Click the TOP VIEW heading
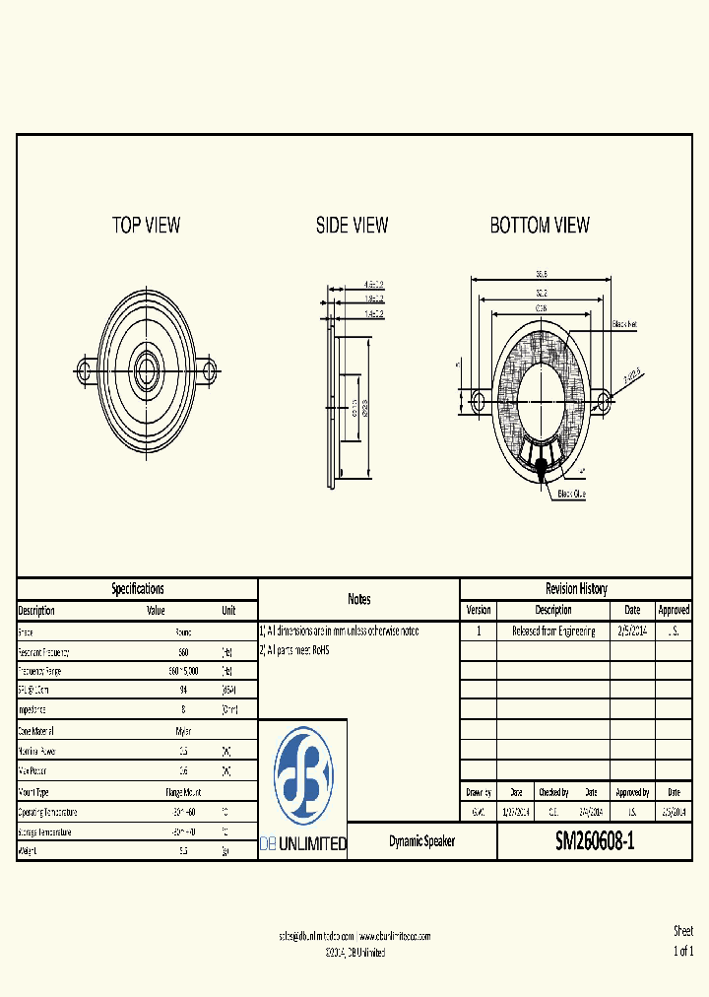pyautogui.click(x=146, y=226)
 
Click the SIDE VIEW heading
pyautogui.click(x=352, y=226)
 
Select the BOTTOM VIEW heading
pyautogui.click(x=540, y=226)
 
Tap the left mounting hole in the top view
pyautogui.click(x=85, y=370)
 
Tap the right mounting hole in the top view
pyautogui.click(x=209, y=370)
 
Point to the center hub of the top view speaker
pyautogui.click(x=148, y=370)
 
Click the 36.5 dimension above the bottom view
pyautogui.click(x=541, y=275)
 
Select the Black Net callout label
pyautogui.click(x=625, y=324)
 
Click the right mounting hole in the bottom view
pyautogui.click(x=604, y=400)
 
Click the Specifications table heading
pyautogui.click(x=137, y=588)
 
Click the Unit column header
pyautogui.click(x=227, y=610)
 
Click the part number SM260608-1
pyautogui.click(x=595, y=842)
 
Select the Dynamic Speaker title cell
pyautogui.click(x=421, y=842)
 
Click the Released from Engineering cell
pyautogui.click(x=552, y=631)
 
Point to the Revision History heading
pyautogui.click(x=576, y=588)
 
